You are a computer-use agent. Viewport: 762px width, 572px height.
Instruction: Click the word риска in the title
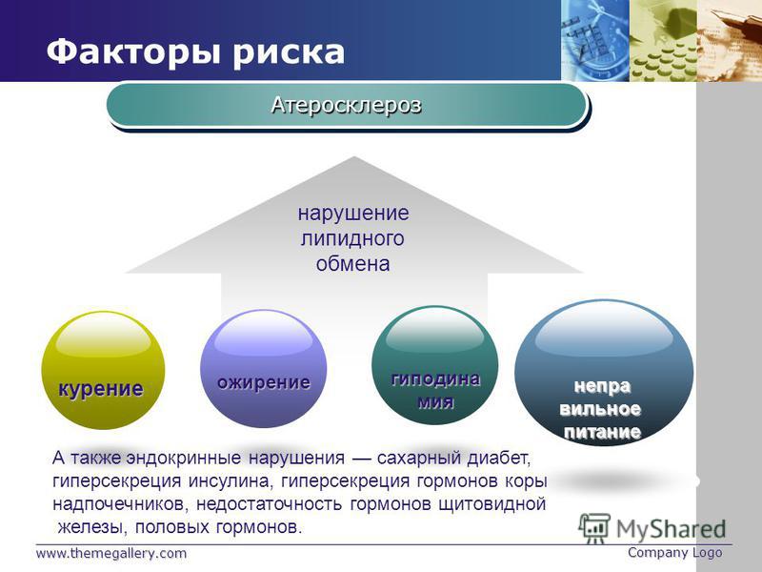(x=289, y=52)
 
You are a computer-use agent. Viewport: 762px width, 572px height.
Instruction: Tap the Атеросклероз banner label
(x=346, y=105)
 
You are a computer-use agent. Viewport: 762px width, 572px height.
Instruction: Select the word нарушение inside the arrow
(x=353, y=214)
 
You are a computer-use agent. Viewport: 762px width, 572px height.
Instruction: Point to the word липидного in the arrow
(x=352, y=239)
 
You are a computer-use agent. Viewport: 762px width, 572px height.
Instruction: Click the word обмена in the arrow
(x=352, y=264)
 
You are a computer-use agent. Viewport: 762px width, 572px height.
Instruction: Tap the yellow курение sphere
(x=103, y=370)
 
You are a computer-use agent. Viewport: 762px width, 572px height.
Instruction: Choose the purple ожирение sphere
(x=264, y=369)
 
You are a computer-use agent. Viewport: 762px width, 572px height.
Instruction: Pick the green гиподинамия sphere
(x=435, y=364)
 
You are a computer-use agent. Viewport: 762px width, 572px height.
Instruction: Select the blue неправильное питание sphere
(x=604, y=373)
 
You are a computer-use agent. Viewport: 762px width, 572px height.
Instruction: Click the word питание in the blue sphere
(x=603, y=432)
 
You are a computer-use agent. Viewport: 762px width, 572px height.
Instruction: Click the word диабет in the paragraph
(x=498, y=458)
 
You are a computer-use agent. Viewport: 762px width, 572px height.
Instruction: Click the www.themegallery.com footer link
(x=111, y=554)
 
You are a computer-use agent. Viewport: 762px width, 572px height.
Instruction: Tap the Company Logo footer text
(x=675, y=553)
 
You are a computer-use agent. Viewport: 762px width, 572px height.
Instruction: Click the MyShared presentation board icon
(x=594, y=528)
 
